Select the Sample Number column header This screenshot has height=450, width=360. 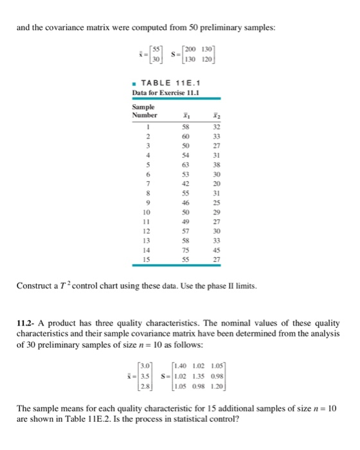(x=144, y=111)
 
